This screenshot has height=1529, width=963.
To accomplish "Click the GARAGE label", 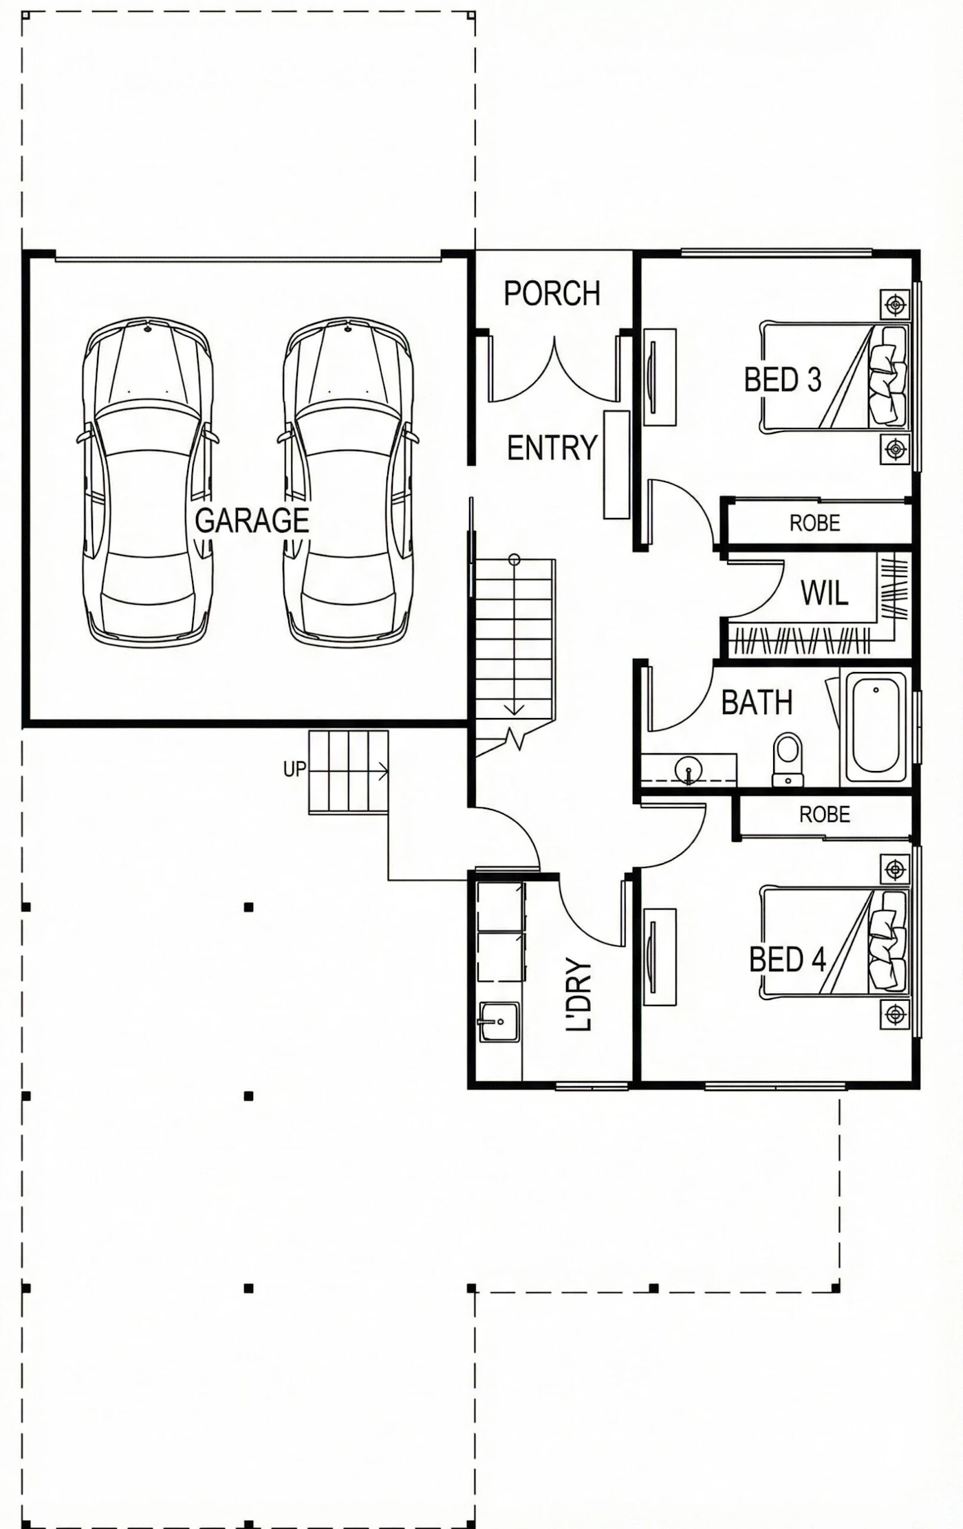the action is coord(252,521).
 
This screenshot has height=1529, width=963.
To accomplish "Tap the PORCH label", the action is coord(552,294).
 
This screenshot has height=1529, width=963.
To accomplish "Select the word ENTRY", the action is coord(552,448).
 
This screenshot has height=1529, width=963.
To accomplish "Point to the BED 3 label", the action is coord(783,380).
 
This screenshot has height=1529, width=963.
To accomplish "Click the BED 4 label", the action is coord(788,959).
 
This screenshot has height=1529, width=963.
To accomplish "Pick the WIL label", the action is coord(824,593).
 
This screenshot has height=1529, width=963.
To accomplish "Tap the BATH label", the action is coord(757,702).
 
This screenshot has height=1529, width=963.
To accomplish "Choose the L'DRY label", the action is coord(578,995).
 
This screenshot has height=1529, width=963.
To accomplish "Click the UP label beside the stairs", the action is coord(294,769).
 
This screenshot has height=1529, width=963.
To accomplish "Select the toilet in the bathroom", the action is coord(788,759).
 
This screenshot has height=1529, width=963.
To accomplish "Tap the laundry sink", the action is coord(499,1021).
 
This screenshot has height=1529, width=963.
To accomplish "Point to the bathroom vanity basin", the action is coord(688,770).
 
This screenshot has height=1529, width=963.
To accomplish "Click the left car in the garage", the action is coord(148,481).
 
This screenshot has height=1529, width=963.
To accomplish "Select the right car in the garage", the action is coord(348,481).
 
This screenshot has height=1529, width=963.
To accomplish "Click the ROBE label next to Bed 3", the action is coord(815,523).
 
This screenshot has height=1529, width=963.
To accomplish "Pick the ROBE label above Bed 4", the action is coord(825,815).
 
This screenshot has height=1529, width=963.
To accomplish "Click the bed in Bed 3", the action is coord(834,377).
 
